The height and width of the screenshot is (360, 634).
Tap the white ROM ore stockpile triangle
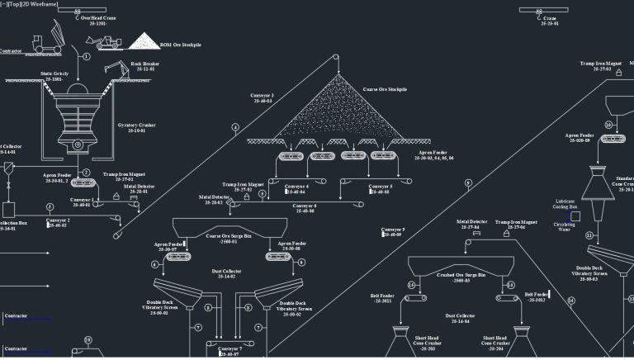tap(146, 40)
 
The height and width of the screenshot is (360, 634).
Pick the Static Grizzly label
tap(55, 76)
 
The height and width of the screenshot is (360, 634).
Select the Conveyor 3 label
tap(263, 97)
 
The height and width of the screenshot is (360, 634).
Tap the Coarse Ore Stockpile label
tap(386, 89)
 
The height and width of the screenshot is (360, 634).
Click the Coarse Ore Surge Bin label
tap(229, 238)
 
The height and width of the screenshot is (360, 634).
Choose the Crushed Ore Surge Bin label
tap(461, 274)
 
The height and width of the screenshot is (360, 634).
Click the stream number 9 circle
tap(468, 183)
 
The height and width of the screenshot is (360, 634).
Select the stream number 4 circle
tap(235, 127)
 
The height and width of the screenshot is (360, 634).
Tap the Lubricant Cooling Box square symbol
tap(575, 216)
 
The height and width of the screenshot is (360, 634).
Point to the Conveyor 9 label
tap(393, 231)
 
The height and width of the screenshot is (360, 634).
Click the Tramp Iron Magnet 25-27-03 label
tap(600, 66)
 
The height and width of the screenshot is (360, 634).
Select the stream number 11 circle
tap(589, 235)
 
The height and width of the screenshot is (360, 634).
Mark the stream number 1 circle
tap(86, 56)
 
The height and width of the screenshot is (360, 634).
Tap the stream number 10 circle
tap(608, 126)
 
